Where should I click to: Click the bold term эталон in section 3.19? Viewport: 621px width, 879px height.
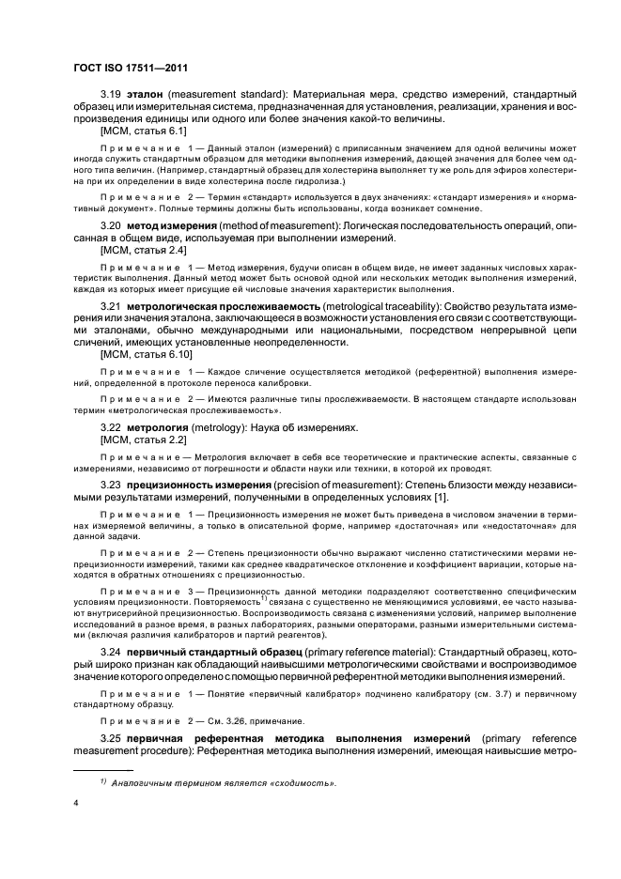tap(142, 95)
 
